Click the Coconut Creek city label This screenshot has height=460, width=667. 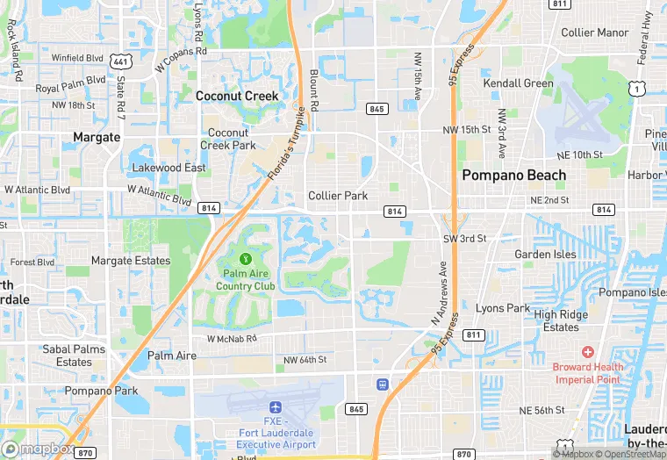tap(237, 96)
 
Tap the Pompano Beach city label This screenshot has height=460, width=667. tap(514, 175)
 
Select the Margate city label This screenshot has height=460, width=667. tap(97, 137)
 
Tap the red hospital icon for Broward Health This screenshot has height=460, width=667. tap(588, 352)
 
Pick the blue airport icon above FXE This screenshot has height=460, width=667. tap(276, 408)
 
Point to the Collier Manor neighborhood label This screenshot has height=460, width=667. tap(595, 32)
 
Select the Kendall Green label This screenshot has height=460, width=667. tap(518, 83)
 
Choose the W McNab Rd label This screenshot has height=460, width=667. tap(232, 338)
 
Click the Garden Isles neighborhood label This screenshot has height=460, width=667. tap(545, 255)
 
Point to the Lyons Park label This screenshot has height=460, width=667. tap(503, 308)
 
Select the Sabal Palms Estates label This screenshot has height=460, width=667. tap(74, 355)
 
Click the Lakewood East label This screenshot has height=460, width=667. tap(169, 168)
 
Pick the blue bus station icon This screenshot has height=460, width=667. tap(383, 385)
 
